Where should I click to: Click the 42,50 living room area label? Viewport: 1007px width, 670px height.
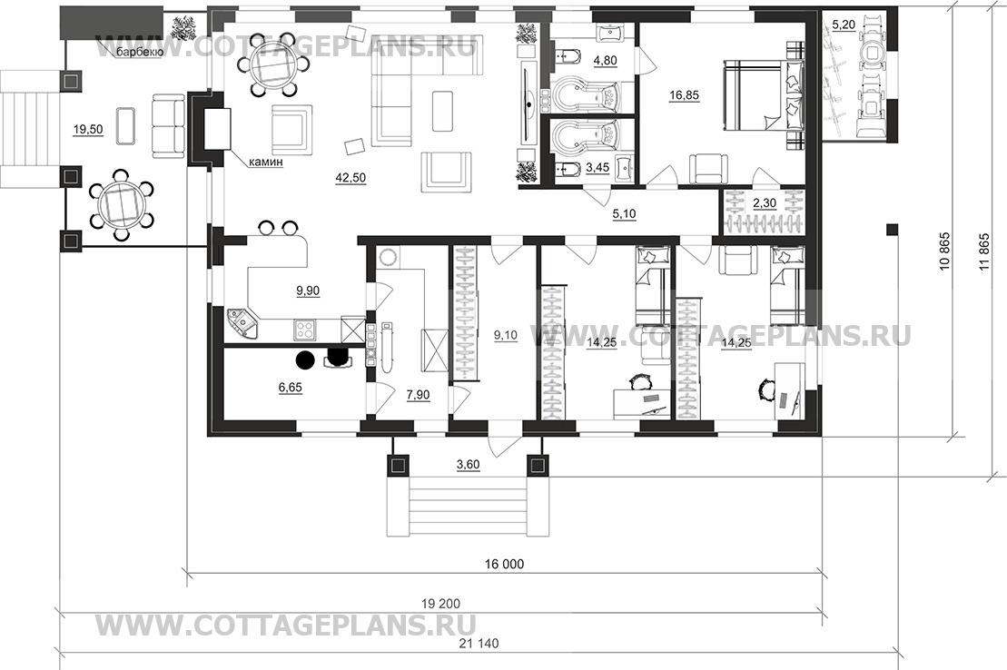350,178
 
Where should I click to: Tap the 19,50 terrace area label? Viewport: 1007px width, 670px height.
88,130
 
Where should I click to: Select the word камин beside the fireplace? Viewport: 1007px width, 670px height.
266,163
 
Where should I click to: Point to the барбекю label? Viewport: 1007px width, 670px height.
139,52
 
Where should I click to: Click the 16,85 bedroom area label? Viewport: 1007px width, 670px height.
684,95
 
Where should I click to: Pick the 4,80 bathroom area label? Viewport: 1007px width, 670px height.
605,61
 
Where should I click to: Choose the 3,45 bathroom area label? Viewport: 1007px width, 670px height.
597,168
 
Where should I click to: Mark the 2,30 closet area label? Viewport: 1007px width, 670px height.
765,203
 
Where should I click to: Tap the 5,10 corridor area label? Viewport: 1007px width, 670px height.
624,214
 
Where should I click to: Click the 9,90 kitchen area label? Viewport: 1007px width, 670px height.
308,291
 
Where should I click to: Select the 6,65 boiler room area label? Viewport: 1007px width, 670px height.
291,388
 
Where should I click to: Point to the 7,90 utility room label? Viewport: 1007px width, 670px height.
418,395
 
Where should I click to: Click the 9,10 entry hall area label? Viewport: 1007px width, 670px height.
506,335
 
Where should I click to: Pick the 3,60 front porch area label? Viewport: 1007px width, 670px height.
468,465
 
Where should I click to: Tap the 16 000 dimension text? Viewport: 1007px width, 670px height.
504,564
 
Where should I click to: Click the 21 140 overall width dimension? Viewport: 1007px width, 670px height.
479,643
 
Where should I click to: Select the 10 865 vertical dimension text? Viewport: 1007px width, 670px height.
944,251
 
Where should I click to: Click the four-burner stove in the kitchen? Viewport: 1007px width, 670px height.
304,330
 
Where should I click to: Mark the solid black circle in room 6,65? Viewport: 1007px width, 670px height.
305,360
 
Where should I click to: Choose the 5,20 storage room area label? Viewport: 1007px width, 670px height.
844,25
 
